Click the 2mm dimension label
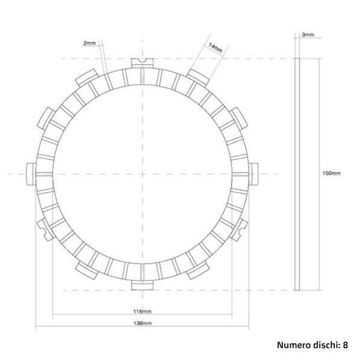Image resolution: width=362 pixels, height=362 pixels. tap(89, 43)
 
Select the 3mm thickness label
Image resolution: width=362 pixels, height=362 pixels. tap(307, 36)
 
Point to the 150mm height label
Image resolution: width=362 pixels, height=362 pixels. tap(332, 173)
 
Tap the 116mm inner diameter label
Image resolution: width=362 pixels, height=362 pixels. tap(142, 311)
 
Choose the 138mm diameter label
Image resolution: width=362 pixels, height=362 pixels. tap(142, 324)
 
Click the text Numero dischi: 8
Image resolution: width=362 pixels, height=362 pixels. tap(313, 346)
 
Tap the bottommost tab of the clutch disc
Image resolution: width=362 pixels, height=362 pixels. tap(139, 284)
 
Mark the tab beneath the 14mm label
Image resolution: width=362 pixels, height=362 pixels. tap(197, 75)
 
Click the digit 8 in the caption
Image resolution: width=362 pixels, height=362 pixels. tap(345, 346)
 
